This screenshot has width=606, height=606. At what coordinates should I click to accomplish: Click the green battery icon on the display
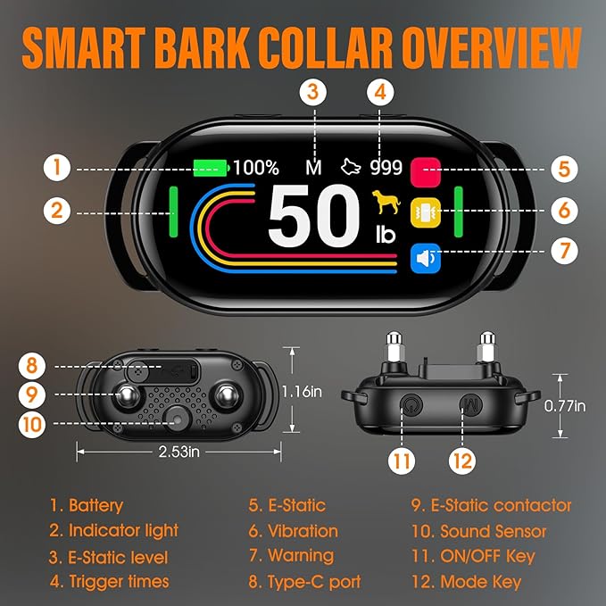[x=211, y=168]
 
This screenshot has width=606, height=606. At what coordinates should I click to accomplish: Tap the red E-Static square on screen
[x=426, y=172]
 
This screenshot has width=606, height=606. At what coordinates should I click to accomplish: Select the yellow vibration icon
[x=426, y=212]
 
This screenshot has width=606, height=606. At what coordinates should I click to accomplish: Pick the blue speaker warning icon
[x=426, y=258]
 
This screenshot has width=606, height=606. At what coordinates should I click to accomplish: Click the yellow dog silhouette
[x=386, y=202]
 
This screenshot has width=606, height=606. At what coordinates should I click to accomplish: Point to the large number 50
[x=314, y=216]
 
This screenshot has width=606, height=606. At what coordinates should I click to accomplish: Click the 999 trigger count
[x=386, y=168]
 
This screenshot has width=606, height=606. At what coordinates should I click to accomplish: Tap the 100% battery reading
[x=256, y=168]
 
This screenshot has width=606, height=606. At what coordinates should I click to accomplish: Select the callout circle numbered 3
[x=313, y=92]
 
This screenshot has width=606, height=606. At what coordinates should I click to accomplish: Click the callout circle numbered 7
[x=564, y=251]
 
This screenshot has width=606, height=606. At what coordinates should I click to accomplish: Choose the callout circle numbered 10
[x=32, y=424]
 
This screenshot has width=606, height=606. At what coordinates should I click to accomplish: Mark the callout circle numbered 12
[x=462, y=461]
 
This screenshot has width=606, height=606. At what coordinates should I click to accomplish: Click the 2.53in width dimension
[x=178, y=452]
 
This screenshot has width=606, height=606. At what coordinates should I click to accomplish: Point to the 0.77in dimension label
[x=565, y=406]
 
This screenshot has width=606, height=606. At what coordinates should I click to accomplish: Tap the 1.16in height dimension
[x=302, y=392]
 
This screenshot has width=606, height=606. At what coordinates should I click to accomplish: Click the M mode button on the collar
[x=471, y=405]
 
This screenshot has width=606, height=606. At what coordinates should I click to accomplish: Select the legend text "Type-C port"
[x=314, y=582]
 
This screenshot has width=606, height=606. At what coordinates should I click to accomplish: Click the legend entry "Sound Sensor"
[x=494, y=531]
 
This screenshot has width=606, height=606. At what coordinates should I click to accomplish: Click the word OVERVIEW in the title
[x=492, y=49]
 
